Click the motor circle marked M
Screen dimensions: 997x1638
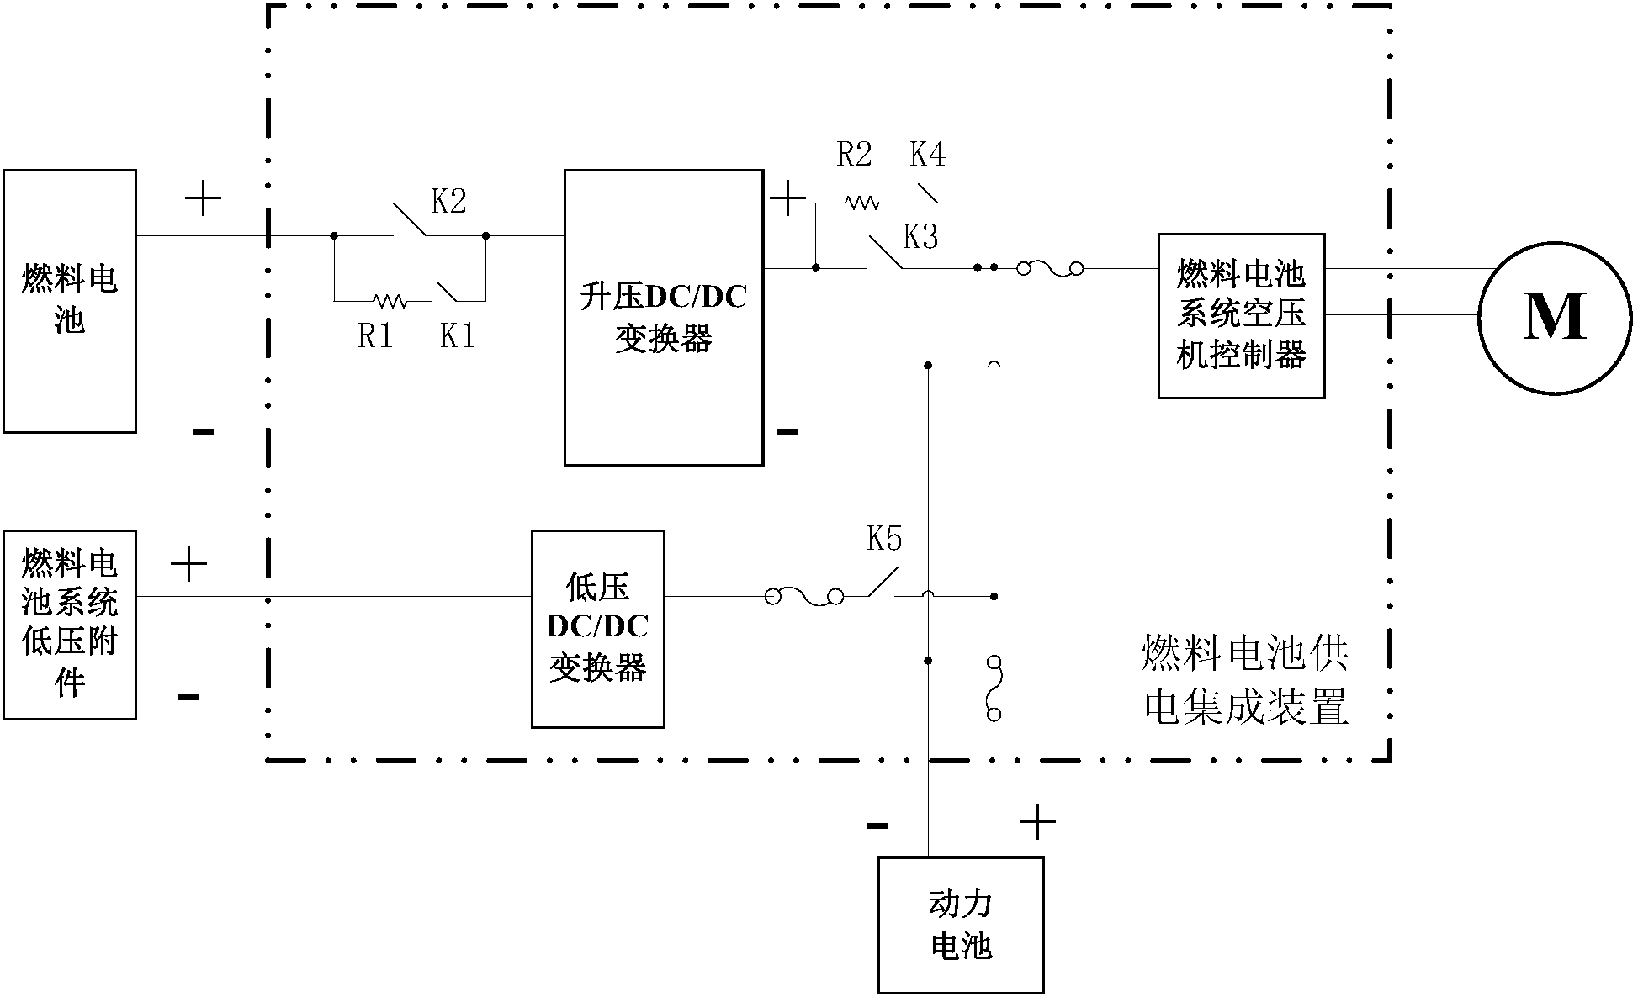click(1555, 317)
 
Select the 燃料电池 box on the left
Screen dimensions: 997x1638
click(70, 301)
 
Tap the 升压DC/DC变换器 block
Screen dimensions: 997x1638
click(664, 317)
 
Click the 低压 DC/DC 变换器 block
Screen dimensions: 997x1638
click(597, 628)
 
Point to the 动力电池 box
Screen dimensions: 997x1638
click(961, 925)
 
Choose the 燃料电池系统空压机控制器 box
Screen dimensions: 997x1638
click(1241, 315)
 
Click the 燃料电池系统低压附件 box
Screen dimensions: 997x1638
click(70, 624)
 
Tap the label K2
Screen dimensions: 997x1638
click(448, 202)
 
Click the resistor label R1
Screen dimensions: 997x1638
click(375, 336)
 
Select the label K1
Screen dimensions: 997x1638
click(458, 336)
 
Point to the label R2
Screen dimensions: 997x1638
click(854, 155)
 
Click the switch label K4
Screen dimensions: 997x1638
click(927, 155)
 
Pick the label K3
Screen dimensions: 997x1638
click(920, 238)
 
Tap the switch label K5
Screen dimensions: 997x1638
click(884, 539)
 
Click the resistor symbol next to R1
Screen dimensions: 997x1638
click(390, 300)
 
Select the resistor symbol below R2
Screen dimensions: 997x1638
click(861, 203)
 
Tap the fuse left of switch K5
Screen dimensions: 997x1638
click(804, 597)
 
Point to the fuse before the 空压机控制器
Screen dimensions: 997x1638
click(1049, 269)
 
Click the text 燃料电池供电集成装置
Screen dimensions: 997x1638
click(1245, 680)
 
